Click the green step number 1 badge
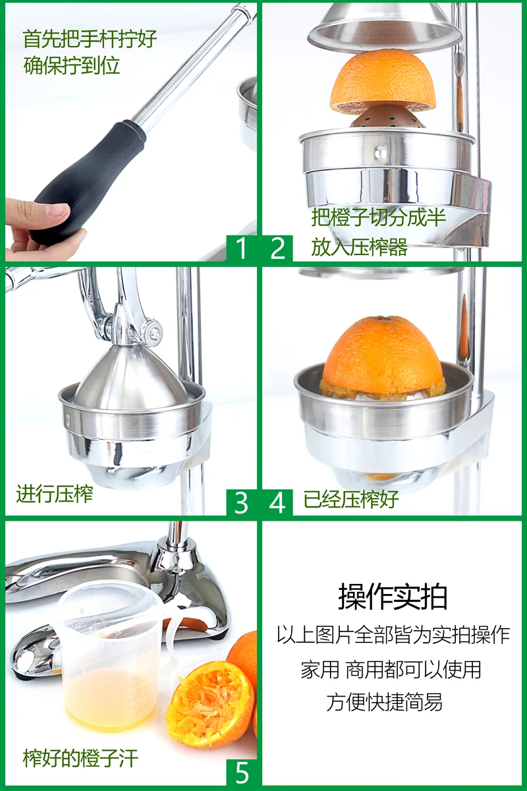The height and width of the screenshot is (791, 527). [242, 248]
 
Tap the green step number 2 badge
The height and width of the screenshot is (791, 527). [277, 248]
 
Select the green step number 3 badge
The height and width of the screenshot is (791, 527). [242, 502]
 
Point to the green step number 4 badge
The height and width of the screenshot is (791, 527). [277, 502]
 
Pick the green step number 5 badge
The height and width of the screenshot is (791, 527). [242, 773]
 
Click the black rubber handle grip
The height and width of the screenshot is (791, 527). [88, 180]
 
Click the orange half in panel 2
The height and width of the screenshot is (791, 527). [383, 81]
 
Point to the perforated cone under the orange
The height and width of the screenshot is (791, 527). [387, 117]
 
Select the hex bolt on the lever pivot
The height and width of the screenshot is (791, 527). [154, 333]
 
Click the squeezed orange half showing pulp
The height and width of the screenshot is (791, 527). [210, 705]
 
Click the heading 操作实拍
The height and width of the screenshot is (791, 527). [393, 597]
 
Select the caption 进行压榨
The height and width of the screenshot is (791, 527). [55, 494]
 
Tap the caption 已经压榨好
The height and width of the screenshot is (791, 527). [351, 499]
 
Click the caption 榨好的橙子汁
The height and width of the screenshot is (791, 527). [80, 758]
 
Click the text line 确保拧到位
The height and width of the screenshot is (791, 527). [72, 65]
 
